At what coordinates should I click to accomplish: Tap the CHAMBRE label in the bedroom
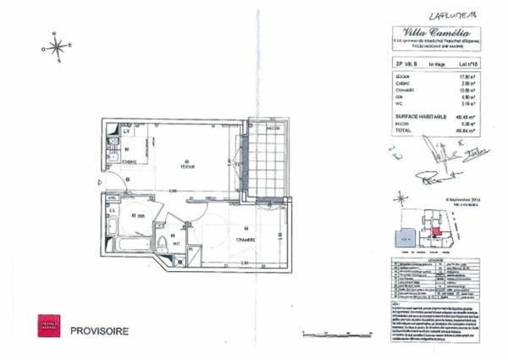[246, 240]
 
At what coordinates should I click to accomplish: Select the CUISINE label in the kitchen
[130, 161]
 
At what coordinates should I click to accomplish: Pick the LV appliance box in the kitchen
[127, 132]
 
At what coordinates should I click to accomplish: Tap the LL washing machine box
[113, 209]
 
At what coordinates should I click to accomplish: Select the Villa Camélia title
[431, 29]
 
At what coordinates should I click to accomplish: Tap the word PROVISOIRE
[99, 329]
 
